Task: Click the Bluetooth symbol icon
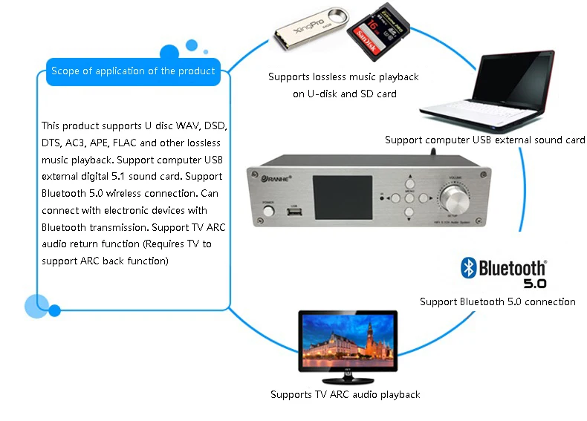pos(468,267)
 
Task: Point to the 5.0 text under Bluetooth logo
pos(534,284)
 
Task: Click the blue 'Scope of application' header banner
pos(133,71)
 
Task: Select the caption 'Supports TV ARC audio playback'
pos(345,394)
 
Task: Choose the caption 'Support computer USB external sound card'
pos(484,140)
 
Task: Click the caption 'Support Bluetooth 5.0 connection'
pos(497,301)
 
